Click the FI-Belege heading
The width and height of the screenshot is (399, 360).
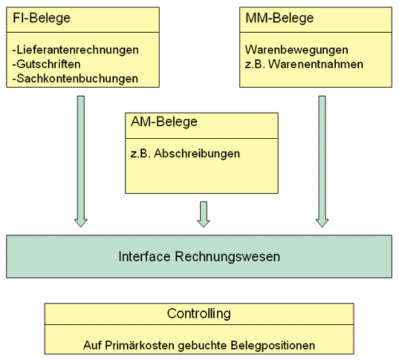(41, 18)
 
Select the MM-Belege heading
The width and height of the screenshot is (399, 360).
(279, 18)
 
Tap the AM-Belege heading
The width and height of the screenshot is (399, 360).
(164, 122)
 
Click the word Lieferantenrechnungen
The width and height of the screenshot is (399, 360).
(77, 49)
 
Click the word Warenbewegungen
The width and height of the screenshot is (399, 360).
(296, 49)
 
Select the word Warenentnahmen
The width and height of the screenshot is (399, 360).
(315, 64)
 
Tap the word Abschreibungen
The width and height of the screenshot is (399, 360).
(197, 153)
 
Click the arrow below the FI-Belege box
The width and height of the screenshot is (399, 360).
(81, 161)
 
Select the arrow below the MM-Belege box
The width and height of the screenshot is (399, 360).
(322, 161)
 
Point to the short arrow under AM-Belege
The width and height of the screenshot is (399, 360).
(203, 214)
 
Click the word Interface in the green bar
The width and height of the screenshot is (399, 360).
(144, 257)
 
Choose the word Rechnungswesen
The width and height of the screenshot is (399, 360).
(227, 257)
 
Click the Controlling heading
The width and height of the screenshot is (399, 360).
(199, 314)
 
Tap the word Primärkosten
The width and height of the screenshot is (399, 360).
(140, 346)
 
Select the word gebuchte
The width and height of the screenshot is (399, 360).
(203, 346)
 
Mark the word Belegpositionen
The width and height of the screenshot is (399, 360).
(273, 346)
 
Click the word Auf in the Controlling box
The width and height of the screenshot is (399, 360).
(93, 346)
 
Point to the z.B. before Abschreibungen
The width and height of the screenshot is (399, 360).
(140, 154)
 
